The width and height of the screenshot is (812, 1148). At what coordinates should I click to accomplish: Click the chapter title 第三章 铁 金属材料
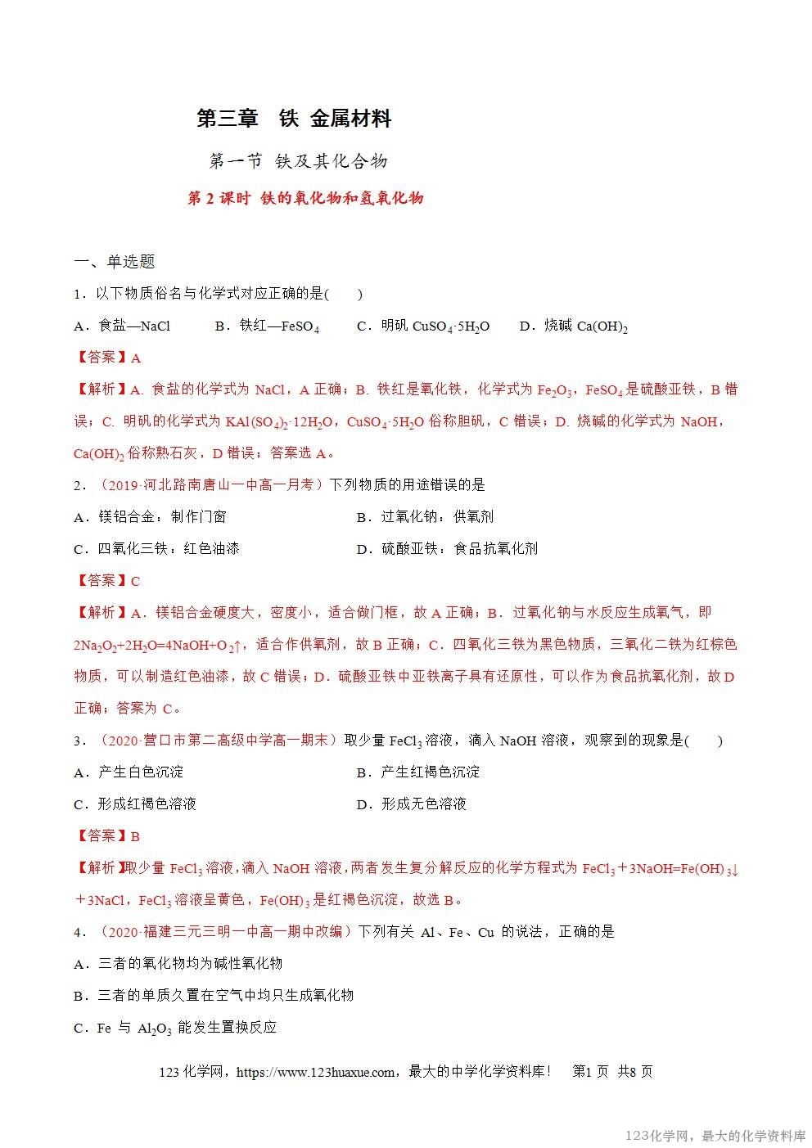(x=294, y=119)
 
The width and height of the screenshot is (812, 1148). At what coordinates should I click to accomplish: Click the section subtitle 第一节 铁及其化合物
(x=298, y=161)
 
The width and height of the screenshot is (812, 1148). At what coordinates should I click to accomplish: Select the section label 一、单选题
(x=115, y=262)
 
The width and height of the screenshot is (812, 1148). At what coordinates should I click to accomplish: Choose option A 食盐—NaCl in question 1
(x=122, y=326)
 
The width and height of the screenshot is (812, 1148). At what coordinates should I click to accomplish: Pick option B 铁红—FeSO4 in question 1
(x=267, y=326)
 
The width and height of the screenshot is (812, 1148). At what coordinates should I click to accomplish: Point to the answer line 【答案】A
(x=107, y=358)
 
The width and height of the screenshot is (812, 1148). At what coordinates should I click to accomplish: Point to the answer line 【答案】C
(x=107, y=581)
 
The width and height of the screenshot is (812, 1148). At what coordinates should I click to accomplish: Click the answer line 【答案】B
(x=107, y=836)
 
